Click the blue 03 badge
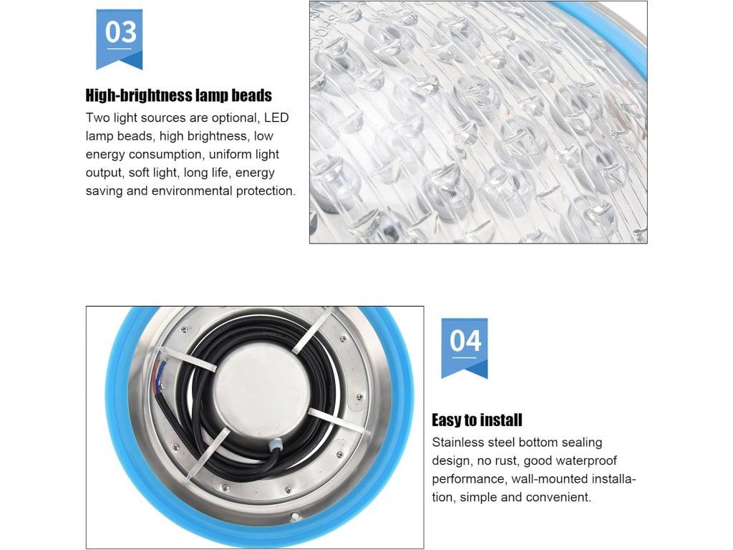120,39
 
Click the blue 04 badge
464,348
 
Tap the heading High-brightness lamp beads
178,95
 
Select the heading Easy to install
477,420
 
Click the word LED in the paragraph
276,117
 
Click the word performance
469,479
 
